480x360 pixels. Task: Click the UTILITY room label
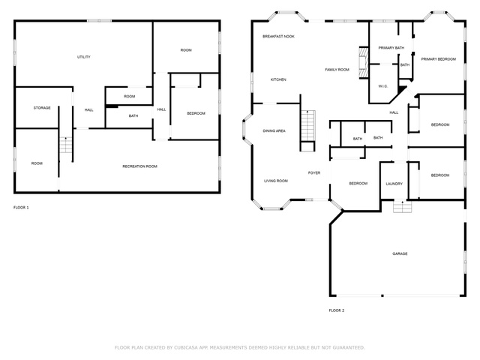[x=83, y=57]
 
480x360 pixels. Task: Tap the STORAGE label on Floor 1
[x=42, y=108]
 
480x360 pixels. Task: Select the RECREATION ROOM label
[x=140, y=166]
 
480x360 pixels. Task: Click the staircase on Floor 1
[x=65, y=145]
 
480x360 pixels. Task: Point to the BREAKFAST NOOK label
[x=278, y=37]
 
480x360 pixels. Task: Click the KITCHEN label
[x=278, y=79]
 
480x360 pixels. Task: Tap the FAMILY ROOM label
[x=337, y=70]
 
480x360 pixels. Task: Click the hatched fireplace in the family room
[x=364, y=63]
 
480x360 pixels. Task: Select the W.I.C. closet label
[x=383, y=86]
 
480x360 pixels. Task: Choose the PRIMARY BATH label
[x=391, y=48]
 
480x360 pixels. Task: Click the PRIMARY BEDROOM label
[x=438, y=59]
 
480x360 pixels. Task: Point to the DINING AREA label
[x=274, y=130]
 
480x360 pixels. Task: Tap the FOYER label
[x=314, y=173]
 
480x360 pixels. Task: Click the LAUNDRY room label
[x=394, y=184]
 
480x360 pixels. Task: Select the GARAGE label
[x=400, y=253]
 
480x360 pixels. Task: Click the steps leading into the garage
[x=402, y=206]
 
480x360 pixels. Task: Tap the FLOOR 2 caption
[x=337, y=310]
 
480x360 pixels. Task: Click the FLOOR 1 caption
[x=21, y=208]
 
